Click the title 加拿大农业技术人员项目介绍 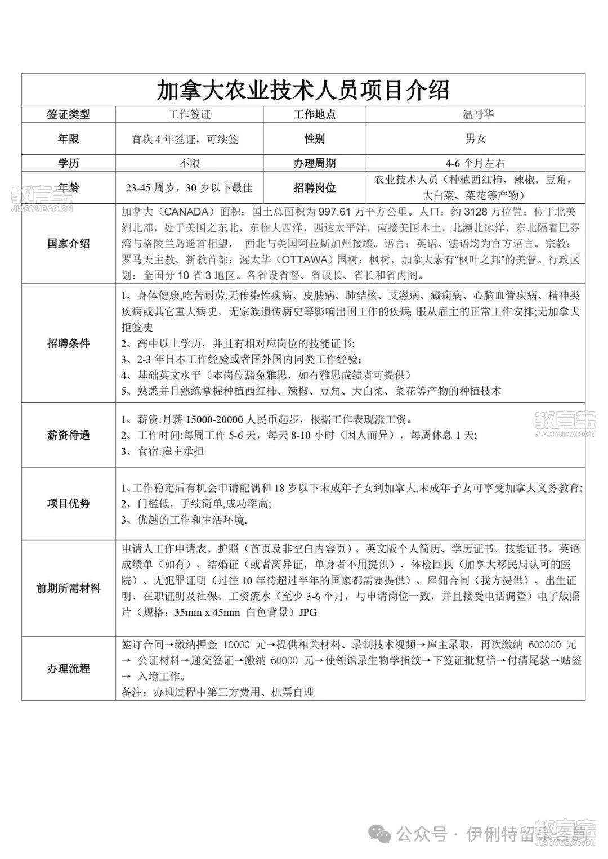303,90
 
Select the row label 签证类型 68,114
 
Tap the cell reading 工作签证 190,114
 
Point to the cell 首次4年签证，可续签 185,139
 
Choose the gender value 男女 476,139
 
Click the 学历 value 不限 190,163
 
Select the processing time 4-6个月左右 475,163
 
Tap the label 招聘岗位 314,187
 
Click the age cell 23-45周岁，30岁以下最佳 189,188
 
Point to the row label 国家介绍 68,244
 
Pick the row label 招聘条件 68,343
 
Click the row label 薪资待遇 68,435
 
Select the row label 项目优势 68,504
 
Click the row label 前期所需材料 68,588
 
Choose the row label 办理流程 68,669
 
